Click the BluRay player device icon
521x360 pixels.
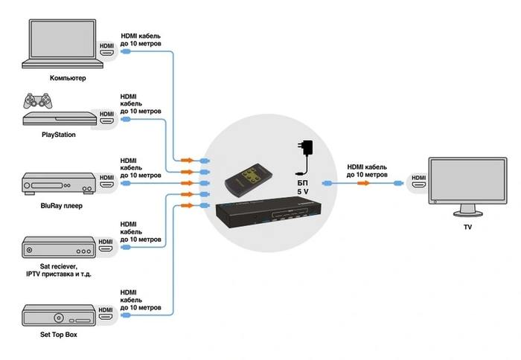[59, 182]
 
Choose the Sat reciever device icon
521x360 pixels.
[59, 249]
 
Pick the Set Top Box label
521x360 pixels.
[59, 335]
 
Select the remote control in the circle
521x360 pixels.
[248, 178]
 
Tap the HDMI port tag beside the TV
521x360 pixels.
[419, 179]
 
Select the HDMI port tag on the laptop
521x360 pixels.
[107, 51]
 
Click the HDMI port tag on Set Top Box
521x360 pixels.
[107, 310]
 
